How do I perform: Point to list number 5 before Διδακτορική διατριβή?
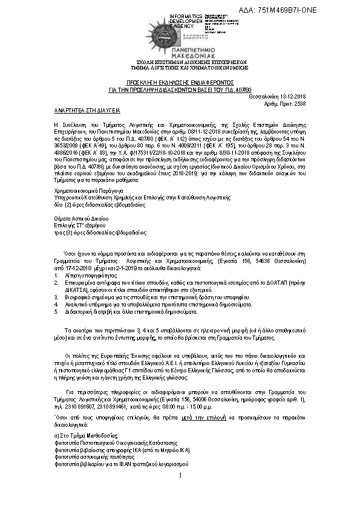[x=56, y=312]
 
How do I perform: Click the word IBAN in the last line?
[x=121, y=465]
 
